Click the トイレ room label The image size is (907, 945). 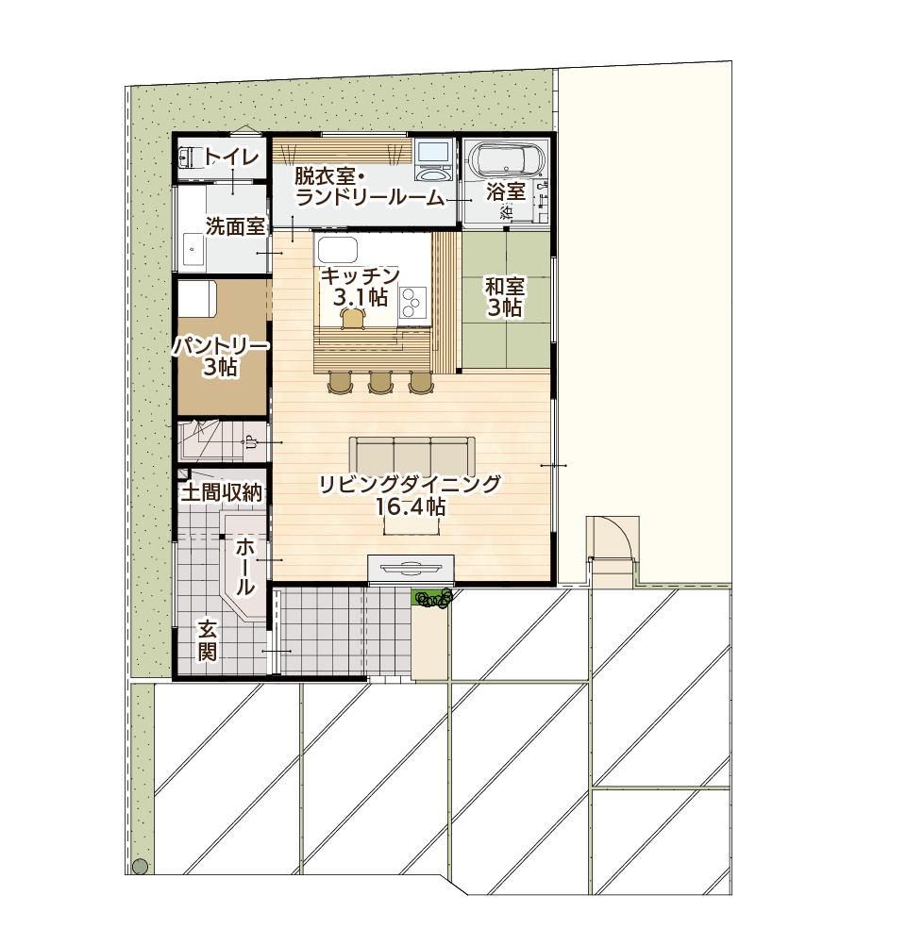coord(231,157)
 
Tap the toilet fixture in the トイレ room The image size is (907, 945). coord(187,157)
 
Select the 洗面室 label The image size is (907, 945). coord(235,226)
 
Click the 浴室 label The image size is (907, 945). coord(506,191)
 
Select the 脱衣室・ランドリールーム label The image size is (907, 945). coord(370,188)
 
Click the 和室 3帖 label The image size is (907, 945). coord(505,296)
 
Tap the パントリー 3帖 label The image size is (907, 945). coord(221,356)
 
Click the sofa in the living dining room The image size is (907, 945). coord(412,455)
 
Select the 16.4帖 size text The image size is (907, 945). coord(411,507)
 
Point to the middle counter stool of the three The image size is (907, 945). coord(380,383)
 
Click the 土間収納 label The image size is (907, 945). coord(222,492)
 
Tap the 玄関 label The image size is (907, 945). coord(208,640)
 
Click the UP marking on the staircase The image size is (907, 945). coord(249,443)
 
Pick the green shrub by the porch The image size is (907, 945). coord(433,599)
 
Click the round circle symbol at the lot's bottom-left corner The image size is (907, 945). coord(140,867)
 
